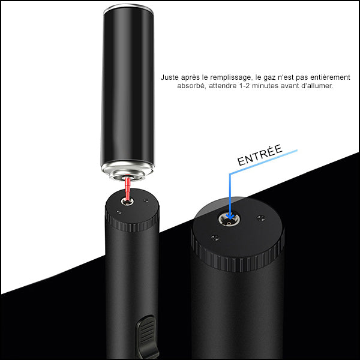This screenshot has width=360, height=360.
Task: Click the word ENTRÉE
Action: click(x=259, y=161)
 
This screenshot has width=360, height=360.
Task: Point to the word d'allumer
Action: click(x=316, y=86)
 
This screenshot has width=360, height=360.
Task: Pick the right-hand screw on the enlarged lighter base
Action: click(x=260, y=217)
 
